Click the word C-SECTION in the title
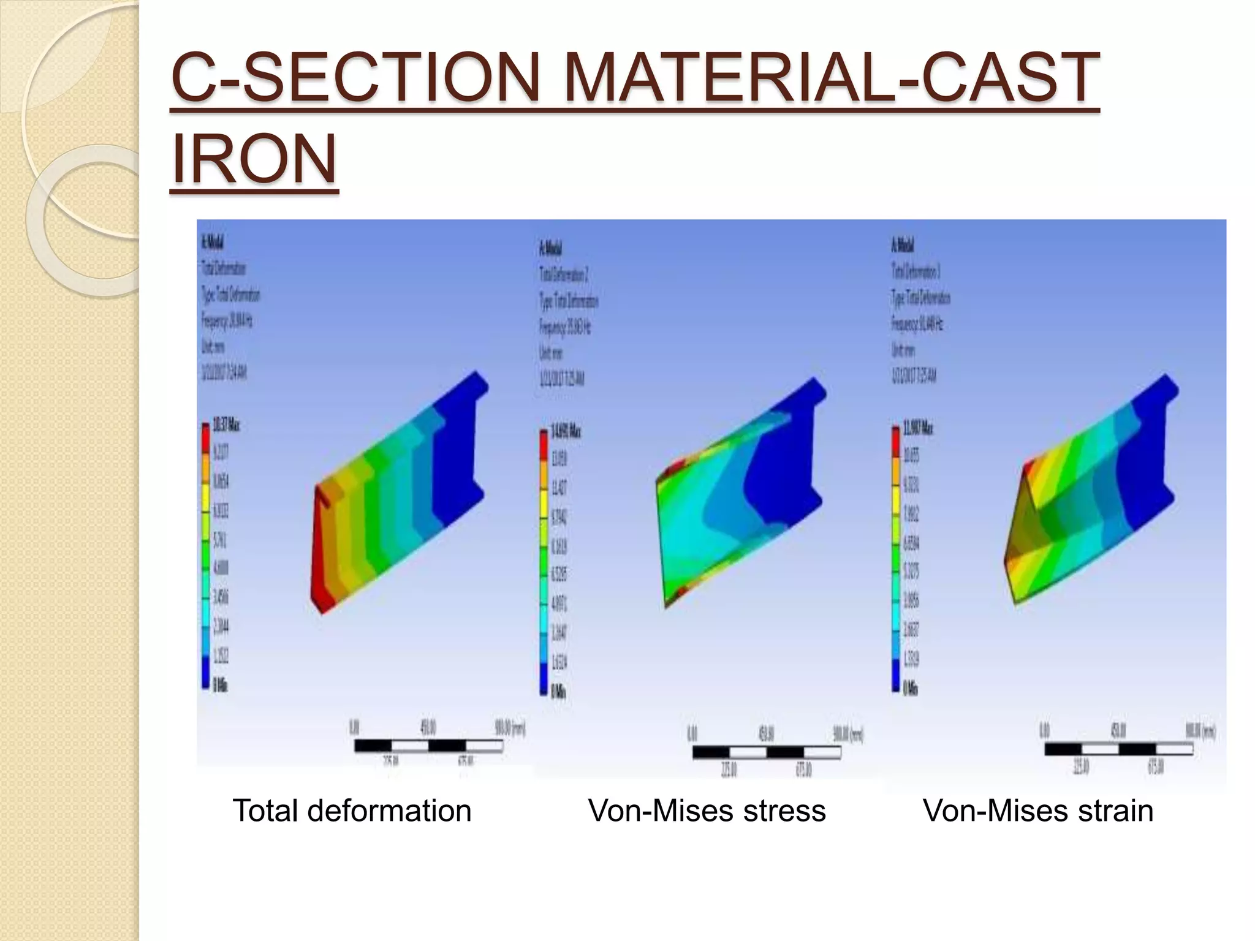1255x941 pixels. click(355, 78)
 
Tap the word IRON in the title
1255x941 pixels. click(254, 159)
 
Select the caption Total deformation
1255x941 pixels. click(352, 811)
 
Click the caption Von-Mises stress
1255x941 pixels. click(707, 811)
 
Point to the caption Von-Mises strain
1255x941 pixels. click(1037, 811)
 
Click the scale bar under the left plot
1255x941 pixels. click(428, 746)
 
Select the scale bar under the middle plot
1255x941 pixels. click(766, 752)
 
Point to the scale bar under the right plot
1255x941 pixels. click(1118, 749)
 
